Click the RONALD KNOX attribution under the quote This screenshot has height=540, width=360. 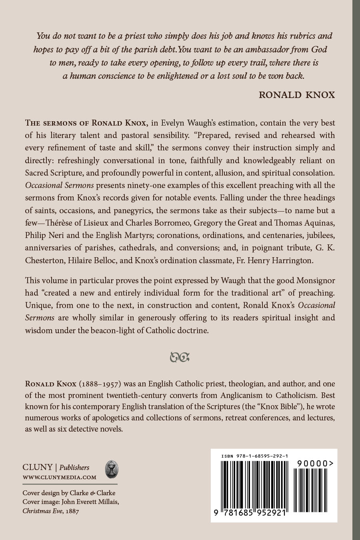296,95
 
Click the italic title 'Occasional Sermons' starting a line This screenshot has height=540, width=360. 60,185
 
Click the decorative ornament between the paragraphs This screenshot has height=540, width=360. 180,357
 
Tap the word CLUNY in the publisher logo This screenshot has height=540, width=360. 38,467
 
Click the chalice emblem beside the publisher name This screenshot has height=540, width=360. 111,469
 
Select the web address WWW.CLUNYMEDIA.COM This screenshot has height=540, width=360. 59,477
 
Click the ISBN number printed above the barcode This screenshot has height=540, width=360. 255,456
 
